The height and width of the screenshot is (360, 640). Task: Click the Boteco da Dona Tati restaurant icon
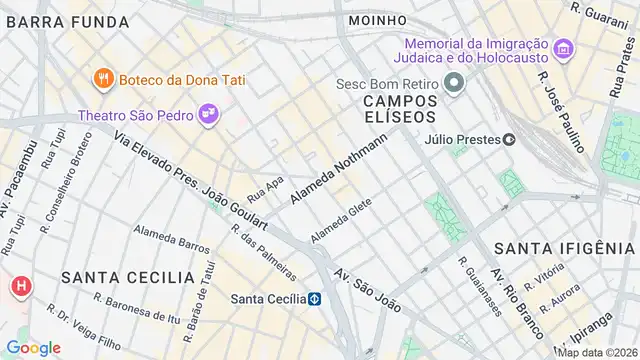click(x=102, y=78)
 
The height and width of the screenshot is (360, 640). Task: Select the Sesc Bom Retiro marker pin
click(x=455, y=82)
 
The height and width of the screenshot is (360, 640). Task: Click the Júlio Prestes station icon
click(x=509, y=140)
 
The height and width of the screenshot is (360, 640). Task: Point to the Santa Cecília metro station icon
click(x=314, y=298)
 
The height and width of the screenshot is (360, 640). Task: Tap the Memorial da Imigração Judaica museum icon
click(x=563, y=48)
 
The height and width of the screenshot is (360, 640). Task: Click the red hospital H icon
click(x=19, y=288)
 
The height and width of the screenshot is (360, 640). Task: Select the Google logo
click(x=33, y=347)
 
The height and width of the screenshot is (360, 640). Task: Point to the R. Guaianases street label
click(x=480, y=287)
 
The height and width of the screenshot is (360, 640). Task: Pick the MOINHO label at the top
click(x=377, y=19)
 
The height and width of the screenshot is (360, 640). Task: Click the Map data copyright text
click(x=597, y=352)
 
